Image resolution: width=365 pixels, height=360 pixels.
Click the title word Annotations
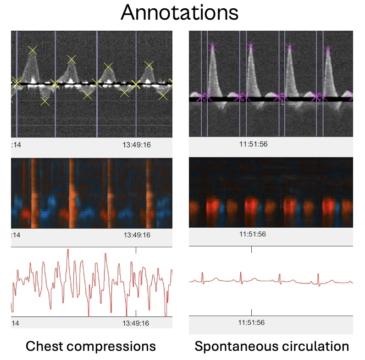pos(180,14)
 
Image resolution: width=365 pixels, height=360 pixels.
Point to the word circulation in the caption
pos(315,346)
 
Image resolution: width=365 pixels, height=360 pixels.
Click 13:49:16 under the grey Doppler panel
pos(136,145)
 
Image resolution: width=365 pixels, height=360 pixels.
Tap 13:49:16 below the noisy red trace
pos(136,323)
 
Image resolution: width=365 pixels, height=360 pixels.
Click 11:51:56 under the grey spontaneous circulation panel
pos(254,144)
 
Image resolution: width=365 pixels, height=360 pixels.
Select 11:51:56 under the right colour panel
pos(254,234)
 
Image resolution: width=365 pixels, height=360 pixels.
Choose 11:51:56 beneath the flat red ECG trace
pos(252,322)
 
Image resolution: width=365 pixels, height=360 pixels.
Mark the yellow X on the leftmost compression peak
pos(32,50)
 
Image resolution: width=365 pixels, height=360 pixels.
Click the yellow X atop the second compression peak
pos(71,59)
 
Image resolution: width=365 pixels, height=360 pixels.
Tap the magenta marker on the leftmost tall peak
pos(212,46)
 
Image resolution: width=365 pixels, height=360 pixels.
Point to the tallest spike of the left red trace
pos(68,250)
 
